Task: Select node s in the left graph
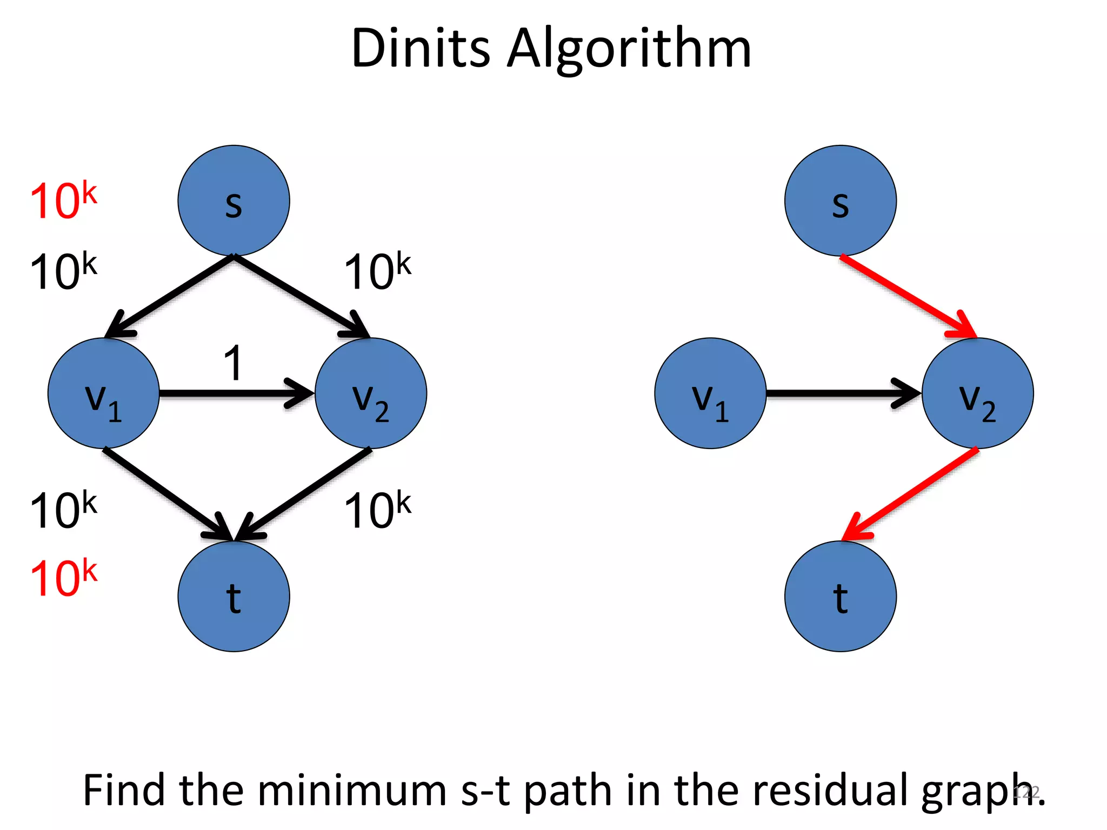234,200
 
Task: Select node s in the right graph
840,200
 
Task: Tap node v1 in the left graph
103,393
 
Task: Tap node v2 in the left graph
371,393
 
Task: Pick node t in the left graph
234,596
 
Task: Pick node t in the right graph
840,596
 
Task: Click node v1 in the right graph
710,393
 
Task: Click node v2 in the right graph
977,393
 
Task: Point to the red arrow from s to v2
908,297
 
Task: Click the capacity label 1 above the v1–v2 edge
233,363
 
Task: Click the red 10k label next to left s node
63,200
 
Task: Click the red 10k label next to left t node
63,578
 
